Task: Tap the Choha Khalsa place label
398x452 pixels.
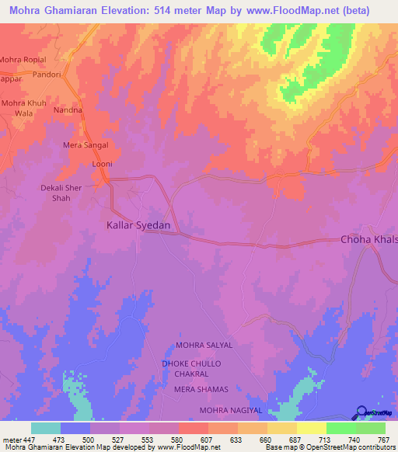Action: click(369, 240)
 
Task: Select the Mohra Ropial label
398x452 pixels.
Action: click(23, 60)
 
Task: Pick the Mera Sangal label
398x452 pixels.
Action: click(85, 145)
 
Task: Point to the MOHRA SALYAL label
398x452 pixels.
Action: click(204, 345)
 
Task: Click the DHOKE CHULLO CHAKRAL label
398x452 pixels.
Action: click(191, 369)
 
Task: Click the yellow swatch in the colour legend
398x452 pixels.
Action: click(311, 428)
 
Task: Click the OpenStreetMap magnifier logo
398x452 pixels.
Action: click(363, 413)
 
